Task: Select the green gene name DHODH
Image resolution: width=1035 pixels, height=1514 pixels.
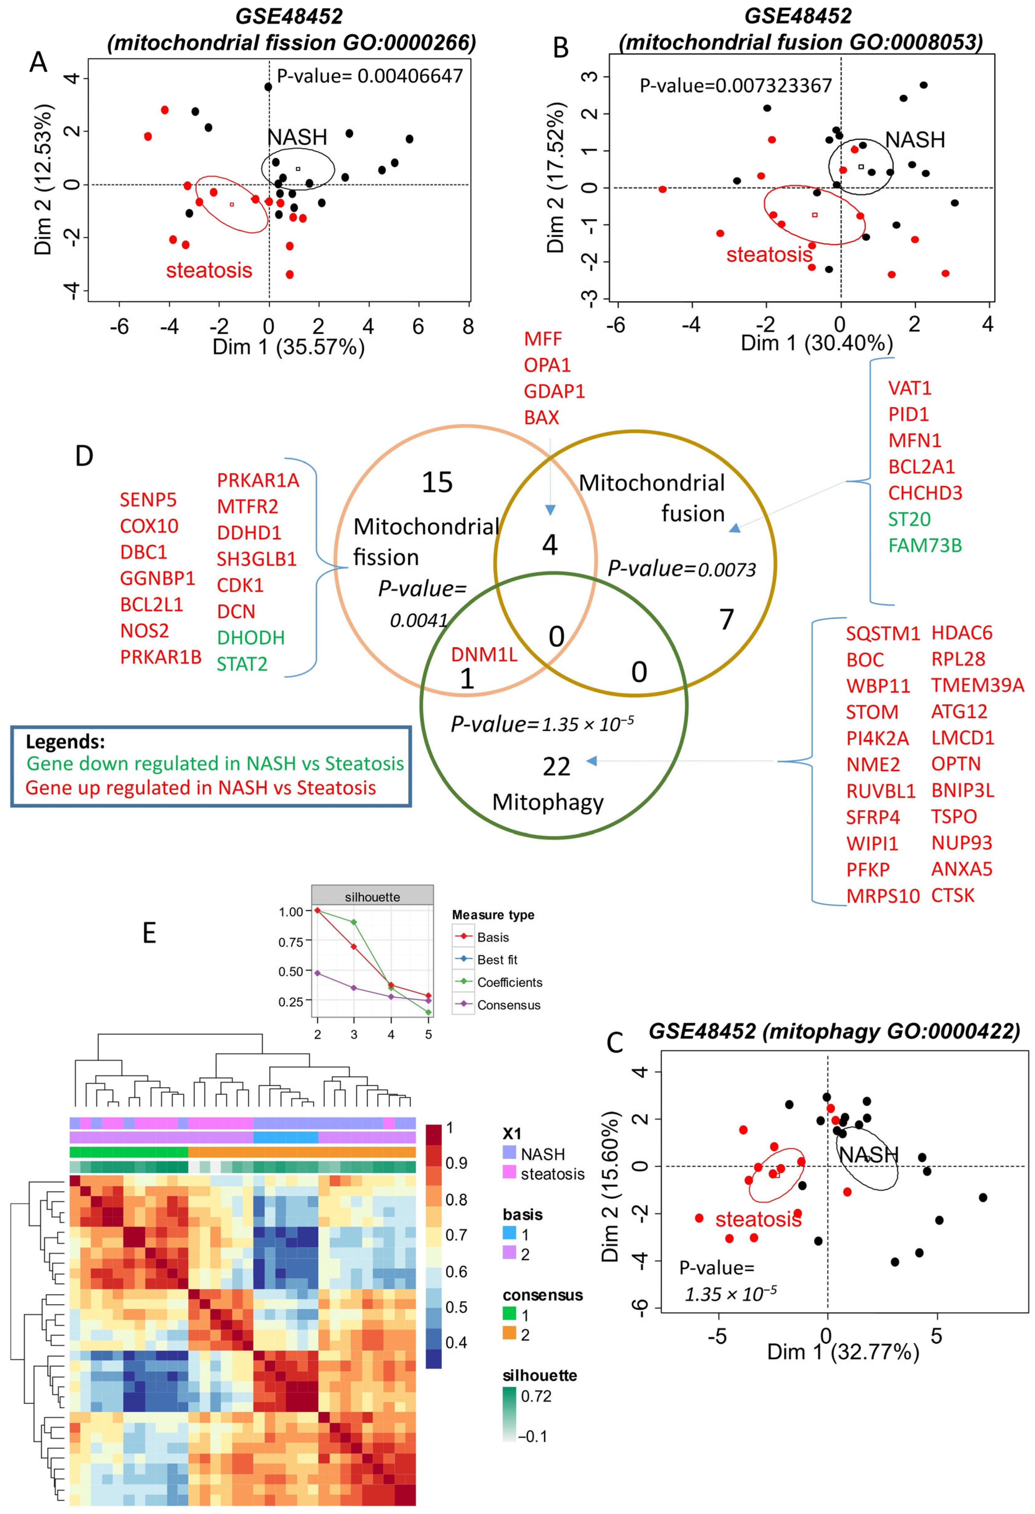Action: tap(251, 638)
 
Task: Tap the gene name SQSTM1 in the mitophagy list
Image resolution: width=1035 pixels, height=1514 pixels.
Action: tap(882, 633)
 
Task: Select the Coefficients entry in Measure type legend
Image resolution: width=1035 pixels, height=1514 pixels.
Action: tap(509, 982)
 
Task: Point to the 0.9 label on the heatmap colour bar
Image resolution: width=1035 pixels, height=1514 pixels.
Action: tap(456, 1163)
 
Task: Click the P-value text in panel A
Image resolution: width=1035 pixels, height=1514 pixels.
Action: tap(369, 76)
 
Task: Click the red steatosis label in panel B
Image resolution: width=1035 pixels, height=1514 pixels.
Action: tap(769, 254)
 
